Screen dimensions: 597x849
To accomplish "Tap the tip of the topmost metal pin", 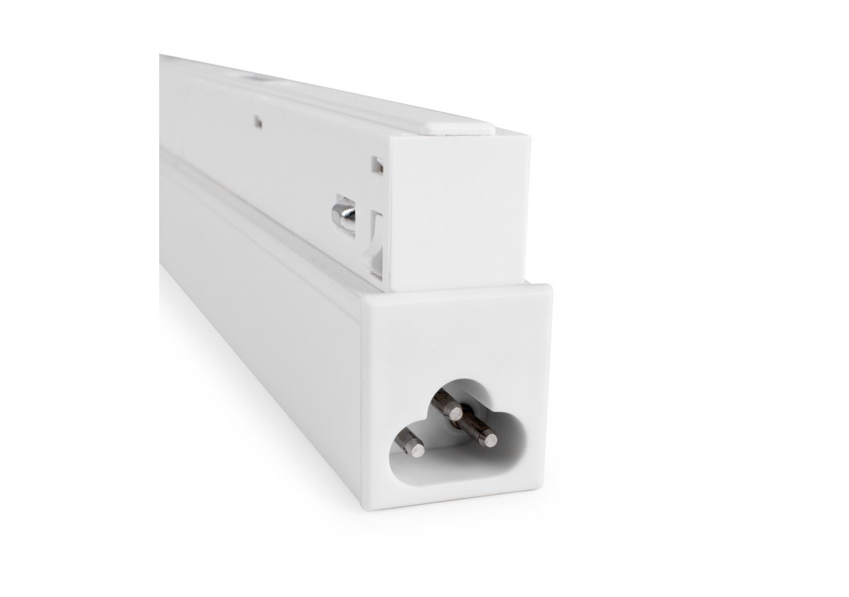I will (455, 413).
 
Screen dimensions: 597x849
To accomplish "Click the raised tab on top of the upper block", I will (458, 123).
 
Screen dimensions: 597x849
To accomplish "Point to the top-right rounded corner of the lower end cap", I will (545, 289).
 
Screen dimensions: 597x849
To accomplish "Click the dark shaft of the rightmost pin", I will (472, 427).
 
